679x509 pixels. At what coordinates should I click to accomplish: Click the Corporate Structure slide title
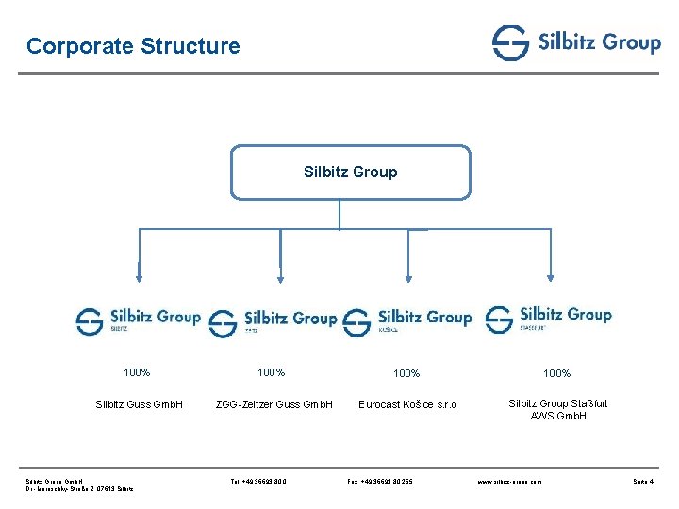[133, 45]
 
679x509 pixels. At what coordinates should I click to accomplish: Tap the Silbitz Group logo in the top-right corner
[576, 42]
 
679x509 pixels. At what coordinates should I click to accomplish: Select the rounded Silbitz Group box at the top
[350, 172]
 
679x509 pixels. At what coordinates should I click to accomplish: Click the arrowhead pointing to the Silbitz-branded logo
[140, 276]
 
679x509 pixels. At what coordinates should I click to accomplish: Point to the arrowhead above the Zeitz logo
[279, 276]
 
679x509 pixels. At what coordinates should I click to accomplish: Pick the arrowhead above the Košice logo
[409, 276]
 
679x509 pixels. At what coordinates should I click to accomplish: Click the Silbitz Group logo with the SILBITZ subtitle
[139, 320]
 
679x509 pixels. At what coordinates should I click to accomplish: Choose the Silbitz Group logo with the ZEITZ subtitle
[273, 322]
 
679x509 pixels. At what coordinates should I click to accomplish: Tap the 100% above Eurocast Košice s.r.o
[406, 373]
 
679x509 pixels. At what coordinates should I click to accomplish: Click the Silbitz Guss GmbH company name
[140, 405]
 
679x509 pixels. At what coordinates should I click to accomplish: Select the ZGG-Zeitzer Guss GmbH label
[274, 405]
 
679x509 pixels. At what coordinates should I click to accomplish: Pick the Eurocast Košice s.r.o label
[407, 405]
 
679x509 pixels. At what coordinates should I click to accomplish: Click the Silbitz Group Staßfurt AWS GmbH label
[558, 409]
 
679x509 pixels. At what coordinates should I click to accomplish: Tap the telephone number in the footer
[259, 482]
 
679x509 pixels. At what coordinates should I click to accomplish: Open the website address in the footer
[510, 482]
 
